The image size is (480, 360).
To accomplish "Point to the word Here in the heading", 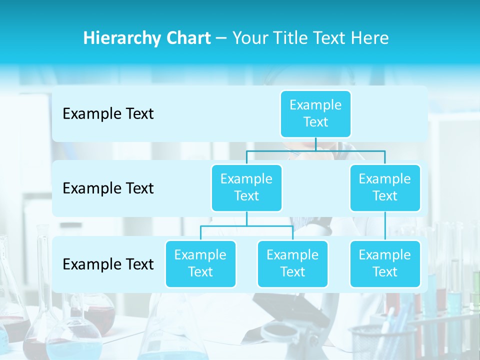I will (370, 38).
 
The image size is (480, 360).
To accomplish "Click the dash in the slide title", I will (221, 38).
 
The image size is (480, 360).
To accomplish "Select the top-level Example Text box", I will (315, 113).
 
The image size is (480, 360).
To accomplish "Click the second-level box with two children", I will (246, 187).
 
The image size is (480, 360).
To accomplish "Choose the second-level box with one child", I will (385, 187).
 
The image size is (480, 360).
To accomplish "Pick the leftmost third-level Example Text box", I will (200, 263).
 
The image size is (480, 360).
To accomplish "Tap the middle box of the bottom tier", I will (292, 263).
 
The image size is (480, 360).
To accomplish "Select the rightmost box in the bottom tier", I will (385, 263).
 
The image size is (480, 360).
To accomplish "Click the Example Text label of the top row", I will (108, 114).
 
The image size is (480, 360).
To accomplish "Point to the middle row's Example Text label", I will (108, 188).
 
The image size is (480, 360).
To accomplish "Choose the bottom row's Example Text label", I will (108, 264).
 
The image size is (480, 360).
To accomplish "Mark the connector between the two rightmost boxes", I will (385, 226).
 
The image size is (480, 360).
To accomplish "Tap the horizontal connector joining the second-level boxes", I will (315, 150).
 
